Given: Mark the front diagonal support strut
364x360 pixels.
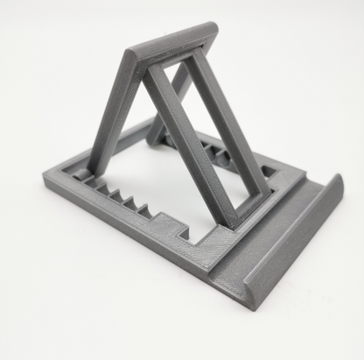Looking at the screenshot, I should (187, 140).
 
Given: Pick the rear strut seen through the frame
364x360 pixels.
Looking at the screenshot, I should (171, 101).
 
